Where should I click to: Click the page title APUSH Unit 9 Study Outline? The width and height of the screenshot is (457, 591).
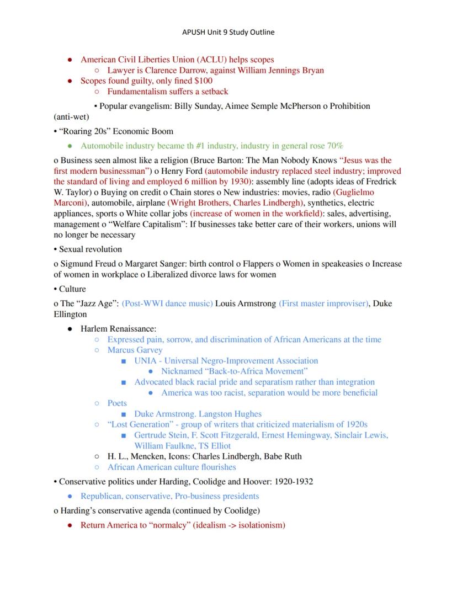pyautogui.click(x=228, y=32)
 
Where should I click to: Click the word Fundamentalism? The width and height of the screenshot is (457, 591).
pyautogui.click(x=135, y=92)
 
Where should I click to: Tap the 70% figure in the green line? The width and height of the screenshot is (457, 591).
pyautogui.click(x=334, y=146)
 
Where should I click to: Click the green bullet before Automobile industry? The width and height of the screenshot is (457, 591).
pyautogui.click(x=70, y=146)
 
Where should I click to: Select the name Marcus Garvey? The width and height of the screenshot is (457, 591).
pyautogui.click(x=135, y=350)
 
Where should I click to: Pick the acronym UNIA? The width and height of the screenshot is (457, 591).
pyautogui.click(x=145, y=361)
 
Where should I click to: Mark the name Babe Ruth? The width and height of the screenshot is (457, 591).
pyautogui.click(x=283, y=456)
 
